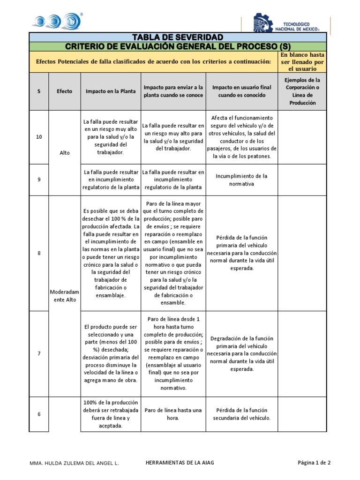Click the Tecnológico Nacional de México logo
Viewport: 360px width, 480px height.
(286, 23)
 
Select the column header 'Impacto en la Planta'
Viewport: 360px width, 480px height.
(110, 91)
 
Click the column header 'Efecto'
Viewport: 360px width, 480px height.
(64, 91)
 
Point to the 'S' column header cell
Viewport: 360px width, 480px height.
(39, 91)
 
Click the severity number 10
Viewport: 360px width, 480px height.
(39, 137)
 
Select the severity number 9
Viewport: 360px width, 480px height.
(39, 180)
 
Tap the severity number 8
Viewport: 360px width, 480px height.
(39, 253)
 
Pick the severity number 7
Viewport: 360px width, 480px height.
(39, 353)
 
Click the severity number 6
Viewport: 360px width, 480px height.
(39, 414)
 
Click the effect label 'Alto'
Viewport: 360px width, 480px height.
(64, 153)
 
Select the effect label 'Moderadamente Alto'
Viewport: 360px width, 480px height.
(64, 296)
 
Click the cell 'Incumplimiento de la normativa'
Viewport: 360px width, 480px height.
(242, 180)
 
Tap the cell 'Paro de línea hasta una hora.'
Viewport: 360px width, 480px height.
(173, 414)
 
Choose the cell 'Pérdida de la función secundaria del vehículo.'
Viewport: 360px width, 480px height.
(242, 414)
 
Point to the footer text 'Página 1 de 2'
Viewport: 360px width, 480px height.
(314, 463)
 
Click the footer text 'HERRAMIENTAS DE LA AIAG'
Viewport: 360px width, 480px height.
(180, 463)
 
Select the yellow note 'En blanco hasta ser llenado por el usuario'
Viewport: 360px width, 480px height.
(302, 61)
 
